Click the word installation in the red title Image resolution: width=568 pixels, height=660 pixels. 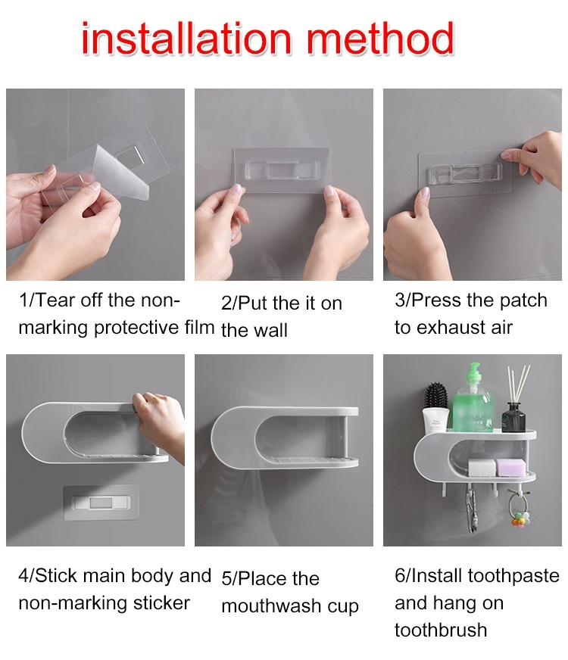tap(186, 39)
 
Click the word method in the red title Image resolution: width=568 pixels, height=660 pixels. tap(380, 39)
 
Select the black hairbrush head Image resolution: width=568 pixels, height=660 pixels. tap(435, 395)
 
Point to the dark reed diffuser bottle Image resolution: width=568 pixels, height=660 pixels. tap(513, 417)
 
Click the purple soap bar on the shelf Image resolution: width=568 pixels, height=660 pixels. tap(510, 468)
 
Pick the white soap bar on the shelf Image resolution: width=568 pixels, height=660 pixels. tap(482, 468)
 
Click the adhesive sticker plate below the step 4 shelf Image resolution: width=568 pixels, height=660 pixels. tap(101, 503)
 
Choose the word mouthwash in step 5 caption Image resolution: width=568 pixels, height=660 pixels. tap(272, 606)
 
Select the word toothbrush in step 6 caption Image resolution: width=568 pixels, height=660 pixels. tap(441, 630)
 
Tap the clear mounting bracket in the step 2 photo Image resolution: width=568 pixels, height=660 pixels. tap(282, 170)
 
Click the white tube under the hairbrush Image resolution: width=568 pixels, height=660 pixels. tap(435, 419)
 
